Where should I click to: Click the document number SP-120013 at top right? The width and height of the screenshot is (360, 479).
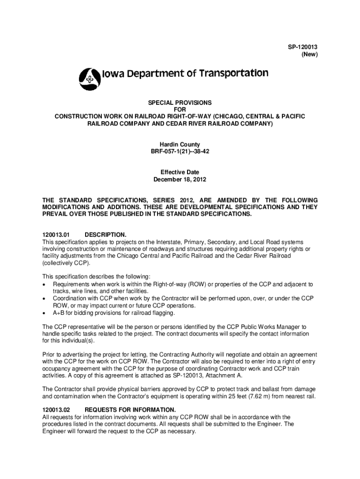(303, 47)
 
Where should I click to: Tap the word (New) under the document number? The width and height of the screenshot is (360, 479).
(309, 55)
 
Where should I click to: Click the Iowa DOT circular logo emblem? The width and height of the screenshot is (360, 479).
(89, 79)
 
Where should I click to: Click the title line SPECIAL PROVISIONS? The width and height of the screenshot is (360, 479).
(180, 102)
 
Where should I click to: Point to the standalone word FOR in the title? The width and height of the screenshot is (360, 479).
(180, 109)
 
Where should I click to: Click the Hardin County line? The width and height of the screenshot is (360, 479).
(180, 145)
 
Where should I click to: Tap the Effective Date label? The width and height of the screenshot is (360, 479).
(180, 172)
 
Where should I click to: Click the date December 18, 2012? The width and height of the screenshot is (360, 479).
(180, 179)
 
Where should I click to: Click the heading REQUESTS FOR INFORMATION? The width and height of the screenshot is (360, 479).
(130, 409)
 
